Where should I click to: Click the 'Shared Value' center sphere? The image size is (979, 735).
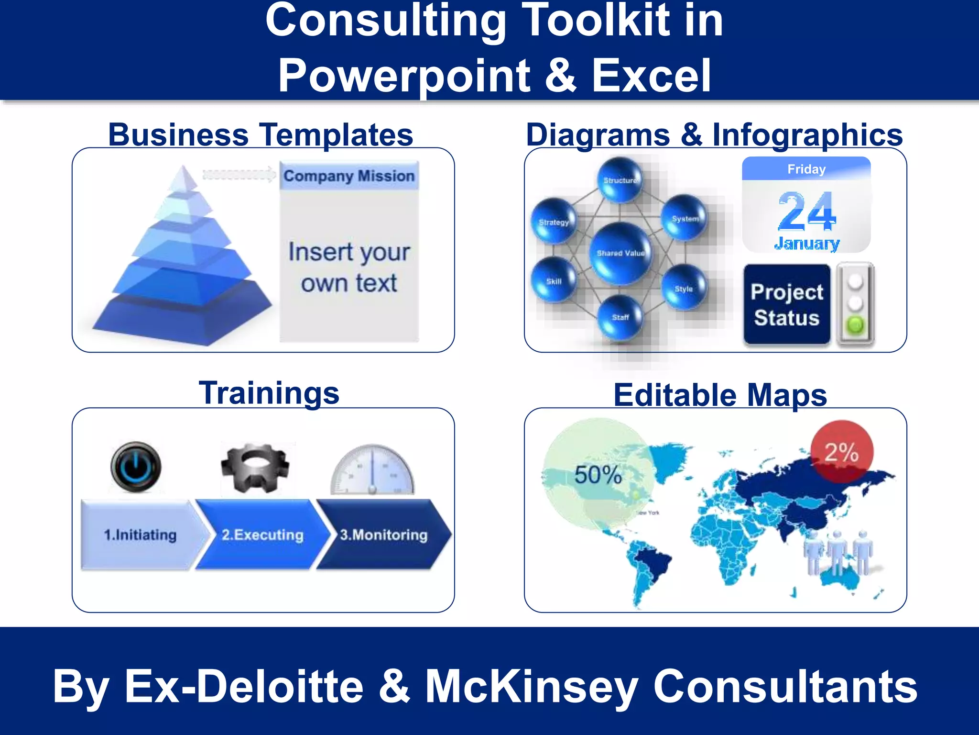(620, 253)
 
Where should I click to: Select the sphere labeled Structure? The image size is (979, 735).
(620, 180)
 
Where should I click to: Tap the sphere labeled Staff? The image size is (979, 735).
(620, 317)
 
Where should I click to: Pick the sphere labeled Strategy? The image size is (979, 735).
(554, 222)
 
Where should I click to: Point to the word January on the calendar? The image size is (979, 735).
(807, 243)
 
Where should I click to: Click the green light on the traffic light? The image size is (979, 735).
(855, 325)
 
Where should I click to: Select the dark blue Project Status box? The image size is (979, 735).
(787, 304)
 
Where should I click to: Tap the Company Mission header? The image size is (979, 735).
(349, 176)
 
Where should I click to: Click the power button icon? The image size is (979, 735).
(136, 466)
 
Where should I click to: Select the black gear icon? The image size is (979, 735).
(255, 468)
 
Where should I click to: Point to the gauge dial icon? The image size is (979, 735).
(372, 470)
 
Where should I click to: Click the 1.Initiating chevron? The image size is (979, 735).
(141, 535)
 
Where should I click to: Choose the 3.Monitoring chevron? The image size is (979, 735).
(384, 535)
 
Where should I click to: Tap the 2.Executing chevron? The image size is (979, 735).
(262, 535)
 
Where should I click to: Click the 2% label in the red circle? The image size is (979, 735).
(842, 452)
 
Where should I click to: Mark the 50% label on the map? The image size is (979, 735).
(598, 475)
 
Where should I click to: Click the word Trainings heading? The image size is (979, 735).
(269, 393)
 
